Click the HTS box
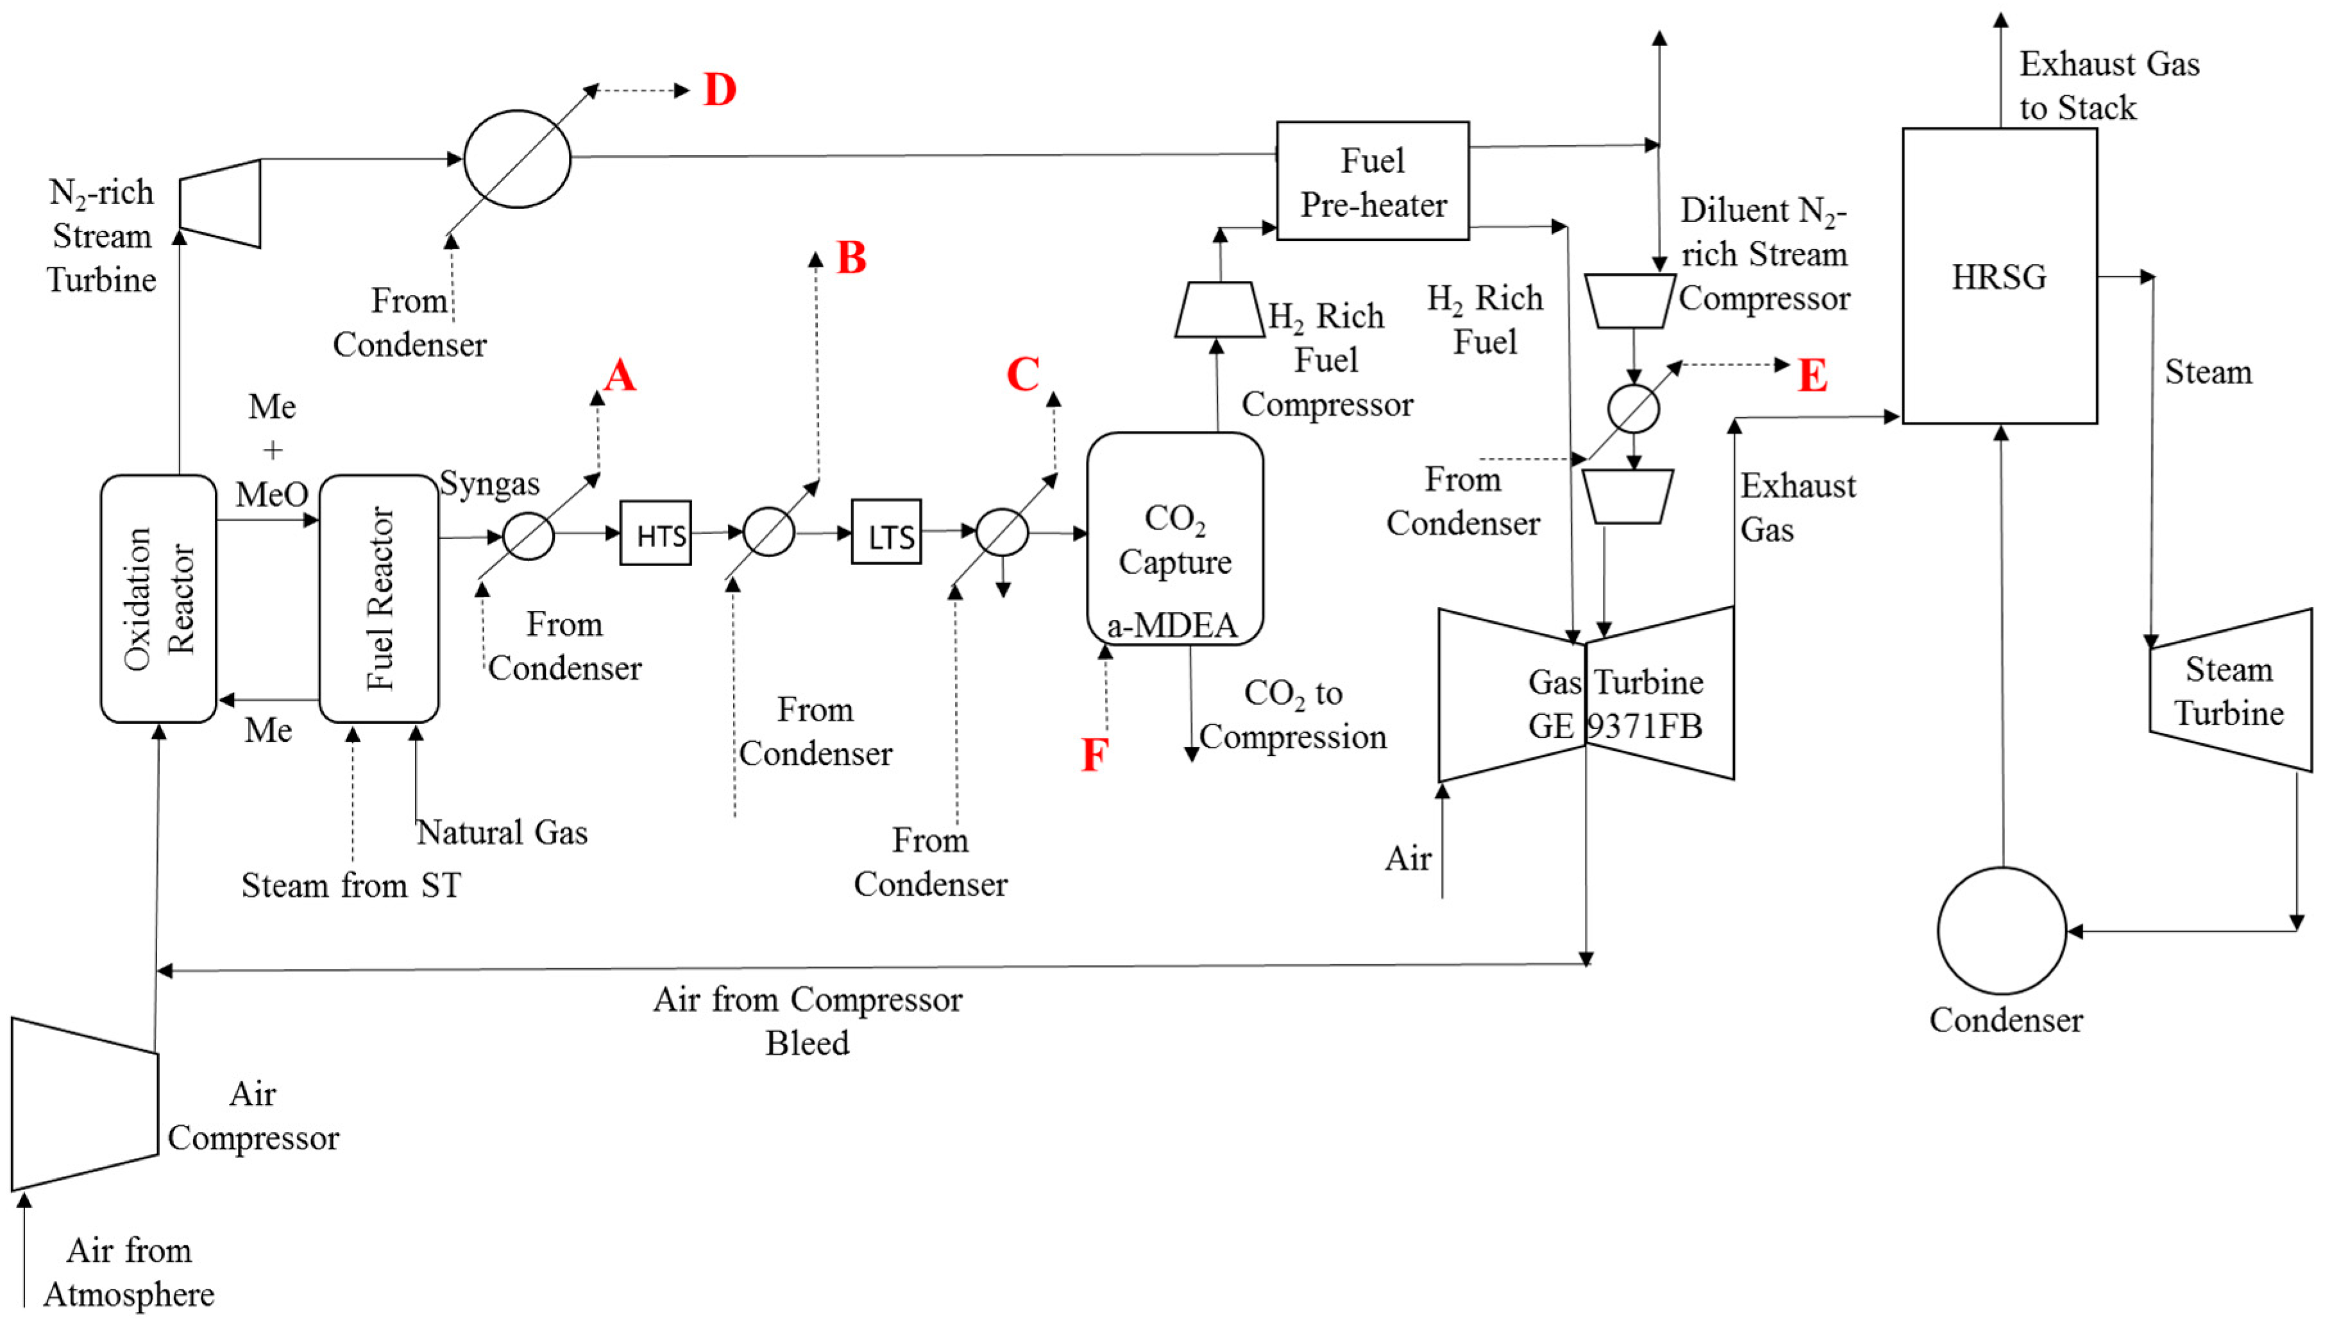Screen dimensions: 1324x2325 (x=655, y=534)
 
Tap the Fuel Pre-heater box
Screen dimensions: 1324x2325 (x=1372, y=181)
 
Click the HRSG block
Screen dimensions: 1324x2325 (x=1999, y=276)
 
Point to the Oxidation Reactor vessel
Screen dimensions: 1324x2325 (x=158, y=598)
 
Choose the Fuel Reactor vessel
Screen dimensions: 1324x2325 (x=378, y=598)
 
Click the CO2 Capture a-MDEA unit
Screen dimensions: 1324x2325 (x=1174, y=539)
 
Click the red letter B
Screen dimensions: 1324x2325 (x=851, y=258)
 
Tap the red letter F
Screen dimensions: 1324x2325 (x=1094, y=755)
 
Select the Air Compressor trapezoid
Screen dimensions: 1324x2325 (x=85, y=1104)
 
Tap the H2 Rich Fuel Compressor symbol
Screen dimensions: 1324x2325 (x=1219, y=310)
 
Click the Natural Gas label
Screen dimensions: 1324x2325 (x=502, y=832)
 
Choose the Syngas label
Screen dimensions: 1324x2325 (x=489, y=484)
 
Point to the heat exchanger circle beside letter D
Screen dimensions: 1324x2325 (x=517, y=159)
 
